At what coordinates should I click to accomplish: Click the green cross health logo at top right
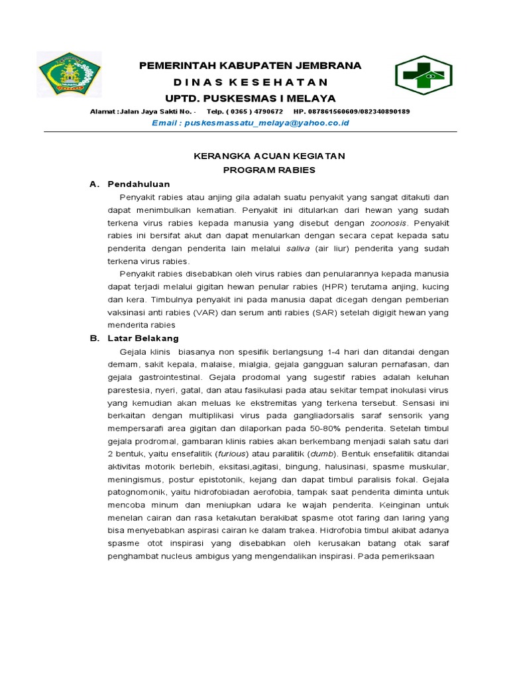424,77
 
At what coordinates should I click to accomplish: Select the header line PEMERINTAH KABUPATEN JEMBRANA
250,65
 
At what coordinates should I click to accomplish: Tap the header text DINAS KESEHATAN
250,82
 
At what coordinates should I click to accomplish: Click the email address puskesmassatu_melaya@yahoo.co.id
267,123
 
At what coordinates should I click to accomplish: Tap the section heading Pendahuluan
139,184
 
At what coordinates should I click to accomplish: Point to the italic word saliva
298,249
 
